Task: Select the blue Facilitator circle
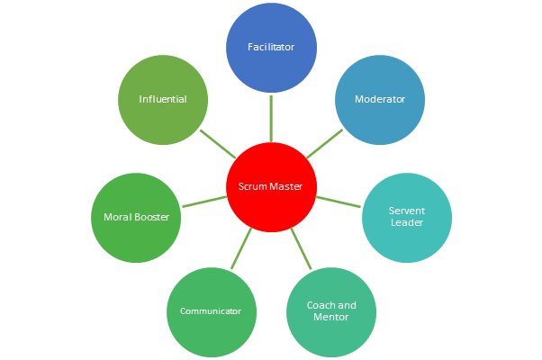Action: [271, 46]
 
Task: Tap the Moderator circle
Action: [380, 100]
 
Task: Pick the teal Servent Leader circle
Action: [406, 217]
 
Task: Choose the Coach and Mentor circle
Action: [330, 311]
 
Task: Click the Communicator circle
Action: [211, 311]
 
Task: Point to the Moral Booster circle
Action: [136, 217]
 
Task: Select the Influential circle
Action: [163, 100]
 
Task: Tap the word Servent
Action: [406, 211]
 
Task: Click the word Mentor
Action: [330, 318]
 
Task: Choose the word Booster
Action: [152, 217]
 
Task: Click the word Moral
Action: [118, 217]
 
